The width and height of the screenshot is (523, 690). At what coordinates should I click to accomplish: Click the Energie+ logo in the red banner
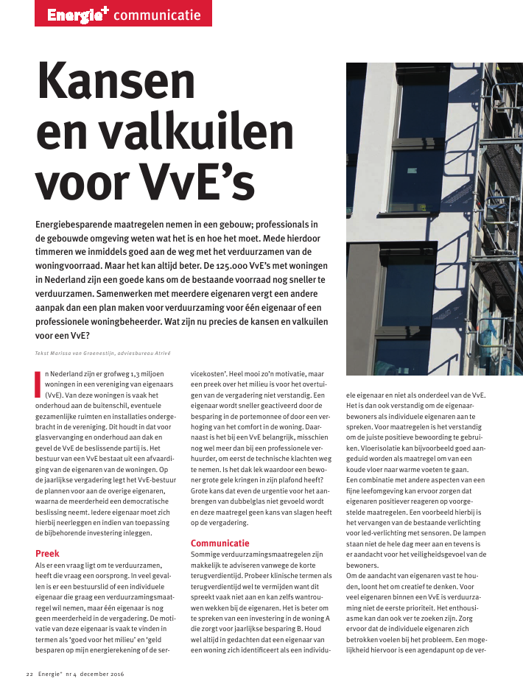tap(78, 13)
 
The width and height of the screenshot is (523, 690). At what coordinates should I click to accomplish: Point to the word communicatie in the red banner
tap(157, 14)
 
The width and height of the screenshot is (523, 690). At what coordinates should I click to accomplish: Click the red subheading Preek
tap(47, 553)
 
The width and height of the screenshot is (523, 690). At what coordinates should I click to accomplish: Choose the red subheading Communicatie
tap(220, 543)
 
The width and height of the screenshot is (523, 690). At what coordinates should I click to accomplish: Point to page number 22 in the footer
tap(30, 674)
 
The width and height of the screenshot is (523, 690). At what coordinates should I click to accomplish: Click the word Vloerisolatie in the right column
tap(374, 446)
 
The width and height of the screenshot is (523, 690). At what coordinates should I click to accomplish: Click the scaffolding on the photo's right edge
tap(504, 221)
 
